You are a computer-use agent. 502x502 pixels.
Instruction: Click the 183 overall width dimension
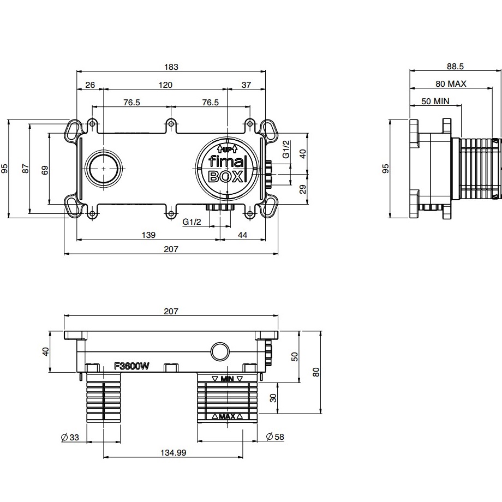pos(171,67)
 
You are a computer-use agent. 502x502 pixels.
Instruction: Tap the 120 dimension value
pos(165,85)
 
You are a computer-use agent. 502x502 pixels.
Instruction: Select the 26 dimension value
pos(90,85)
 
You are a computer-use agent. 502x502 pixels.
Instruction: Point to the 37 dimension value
pos(246,85)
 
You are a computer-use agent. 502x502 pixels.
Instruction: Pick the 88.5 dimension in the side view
pos(455,67)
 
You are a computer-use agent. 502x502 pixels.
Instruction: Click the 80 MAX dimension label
pos(451,84)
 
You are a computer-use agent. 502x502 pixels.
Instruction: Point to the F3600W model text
pos(132,367)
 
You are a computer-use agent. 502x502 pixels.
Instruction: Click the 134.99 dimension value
pos(172,452)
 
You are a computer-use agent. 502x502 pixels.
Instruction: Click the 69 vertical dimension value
pos(45,170)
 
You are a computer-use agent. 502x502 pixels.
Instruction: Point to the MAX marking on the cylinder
pos(228,417)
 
